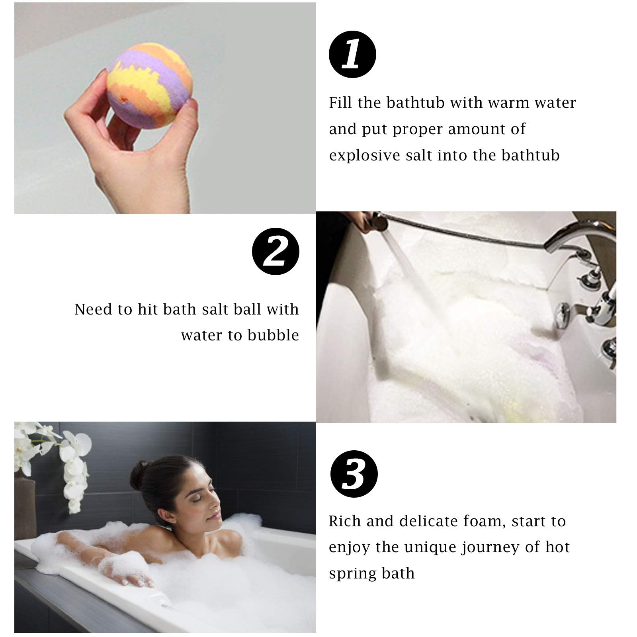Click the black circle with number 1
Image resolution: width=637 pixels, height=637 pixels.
(x=352, y=55)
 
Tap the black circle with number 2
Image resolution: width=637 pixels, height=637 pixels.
(x=276, y=251)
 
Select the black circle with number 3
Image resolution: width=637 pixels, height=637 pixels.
(x=354, y=474)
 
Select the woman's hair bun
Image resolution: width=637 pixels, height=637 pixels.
(x=141, y=472)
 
